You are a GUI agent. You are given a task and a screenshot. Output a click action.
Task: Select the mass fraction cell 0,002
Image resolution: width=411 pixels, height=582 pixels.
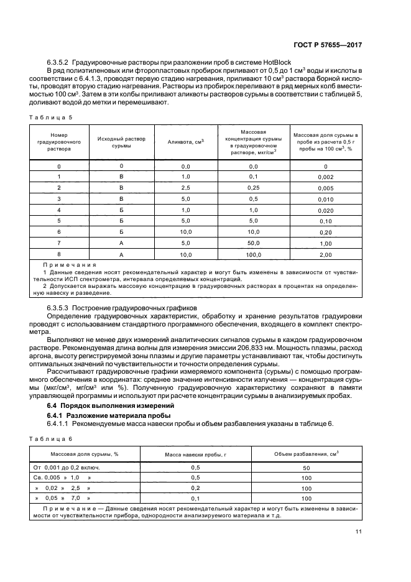click(x=325, y=177)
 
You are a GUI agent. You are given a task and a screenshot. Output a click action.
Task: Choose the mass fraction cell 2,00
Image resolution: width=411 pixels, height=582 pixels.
click(x=325, y=255)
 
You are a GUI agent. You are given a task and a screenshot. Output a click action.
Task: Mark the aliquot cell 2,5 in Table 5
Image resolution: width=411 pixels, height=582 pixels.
click(x=185, y=187)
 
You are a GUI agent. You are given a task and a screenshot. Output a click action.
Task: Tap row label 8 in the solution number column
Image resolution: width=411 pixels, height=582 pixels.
click(x=59, y=253)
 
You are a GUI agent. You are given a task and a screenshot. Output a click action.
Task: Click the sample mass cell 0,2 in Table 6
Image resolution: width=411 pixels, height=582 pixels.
click(x=195, y=488)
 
